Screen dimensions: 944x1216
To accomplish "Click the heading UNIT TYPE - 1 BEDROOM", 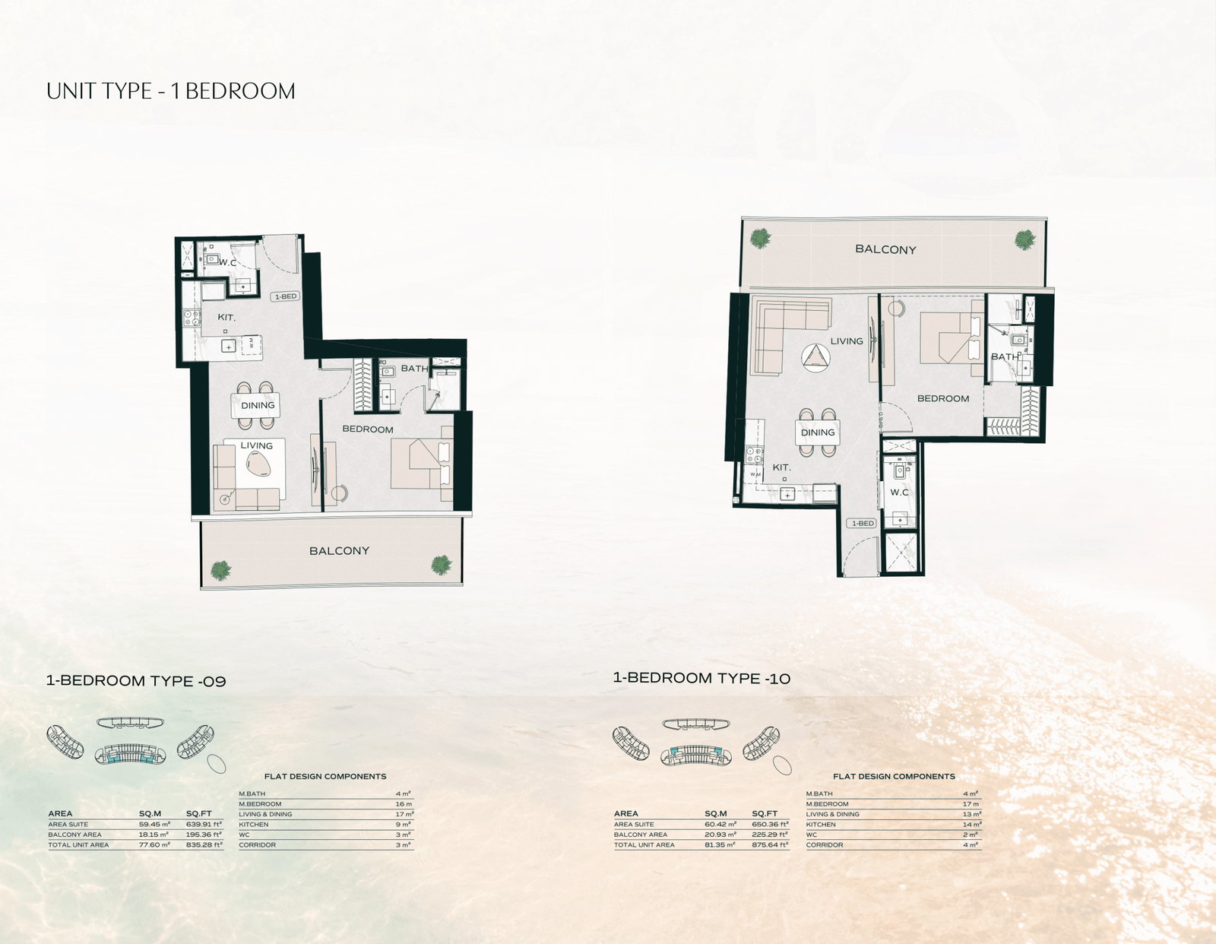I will tap(170, 91).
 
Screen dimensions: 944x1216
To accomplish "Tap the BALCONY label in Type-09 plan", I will tap(339, 551).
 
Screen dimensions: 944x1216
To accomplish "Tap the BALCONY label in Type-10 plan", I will tap(885, 249).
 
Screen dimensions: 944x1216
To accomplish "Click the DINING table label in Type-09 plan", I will tap(258, 405).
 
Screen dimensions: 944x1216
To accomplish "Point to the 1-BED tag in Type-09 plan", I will tap(286, 296).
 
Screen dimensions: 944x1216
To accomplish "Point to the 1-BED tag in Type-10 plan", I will tap(863, 524).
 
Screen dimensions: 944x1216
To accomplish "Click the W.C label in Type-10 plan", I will tap(900, 493).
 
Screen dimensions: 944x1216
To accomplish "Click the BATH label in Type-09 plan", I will tap(414, 369).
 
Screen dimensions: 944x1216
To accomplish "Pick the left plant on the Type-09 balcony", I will tap(220, 569).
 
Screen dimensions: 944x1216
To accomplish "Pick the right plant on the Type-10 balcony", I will tap(1025, 239).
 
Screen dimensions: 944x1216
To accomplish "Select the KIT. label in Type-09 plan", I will tap(226, 317).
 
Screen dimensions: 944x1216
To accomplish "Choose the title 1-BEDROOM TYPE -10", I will tap(701, 678).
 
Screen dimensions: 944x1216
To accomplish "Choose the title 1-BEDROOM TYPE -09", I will tap(136, 681).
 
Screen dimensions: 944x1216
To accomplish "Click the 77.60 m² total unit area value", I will tap(154, 844).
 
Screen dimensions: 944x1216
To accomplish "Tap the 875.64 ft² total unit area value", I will tap(770, 844).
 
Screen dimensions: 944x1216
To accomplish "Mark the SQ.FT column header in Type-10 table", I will tap(765, 813).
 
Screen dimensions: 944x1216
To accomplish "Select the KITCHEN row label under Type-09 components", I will tap(254, 824).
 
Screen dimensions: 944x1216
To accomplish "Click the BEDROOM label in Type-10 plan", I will tap(942, 398).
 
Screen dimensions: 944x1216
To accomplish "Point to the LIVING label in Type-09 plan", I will tap(257, 446).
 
